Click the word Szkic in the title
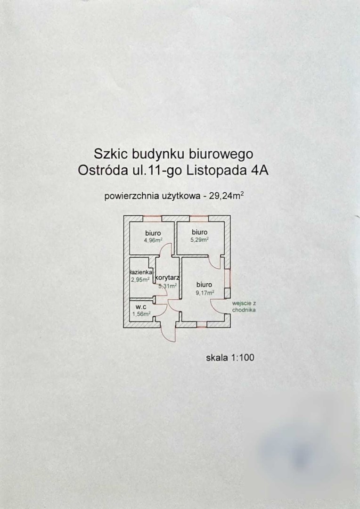(111, 154)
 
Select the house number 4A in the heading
(261, 171)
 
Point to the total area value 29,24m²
(228, 197)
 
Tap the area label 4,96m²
(153, 240)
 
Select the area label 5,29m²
(199, 240)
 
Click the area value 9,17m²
(205, 293)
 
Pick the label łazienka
(141, 272)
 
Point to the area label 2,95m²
(140, 279)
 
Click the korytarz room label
(167, 278)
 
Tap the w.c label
(141, 307)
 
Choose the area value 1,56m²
(141, 314)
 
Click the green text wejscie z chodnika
(244, 307)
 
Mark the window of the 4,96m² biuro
(152, 218)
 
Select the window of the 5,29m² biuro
(199, 218)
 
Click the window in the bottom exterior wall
(202, 324)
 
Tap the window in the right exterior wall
(228, 278)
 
